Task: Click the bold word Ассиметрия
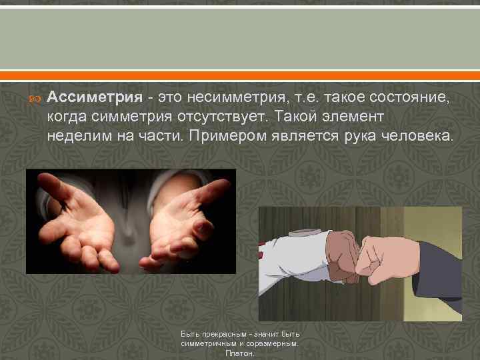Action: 95,98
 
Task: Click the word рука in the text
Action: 361,137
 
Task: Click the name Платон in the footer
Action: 240,353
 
